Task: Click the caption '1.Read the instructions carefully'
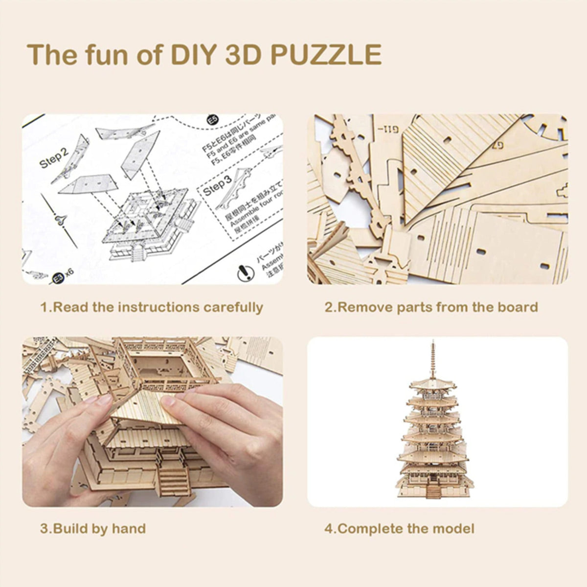tap(152, 307)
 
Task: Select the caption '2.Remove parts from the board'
tap(431, 307)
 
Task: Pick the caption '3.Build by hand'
tap(93, 528)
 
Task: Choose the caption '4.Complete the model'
tap(399, 528)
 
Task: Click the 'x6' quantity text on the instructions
tap(69, 272)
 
